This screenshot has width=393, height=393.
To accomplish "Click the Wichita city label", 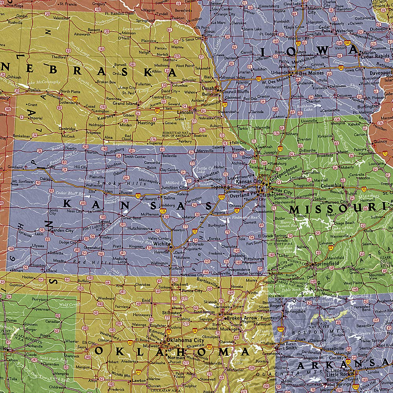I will pos(161,244).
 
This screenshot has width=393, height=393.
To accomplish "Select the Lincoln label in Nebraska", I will pos(185,112).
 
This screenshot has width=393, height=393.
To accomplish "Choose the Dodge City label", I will pos(68,242).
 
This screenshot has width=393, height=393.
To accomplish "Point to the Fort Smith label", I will pos(286,348).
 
